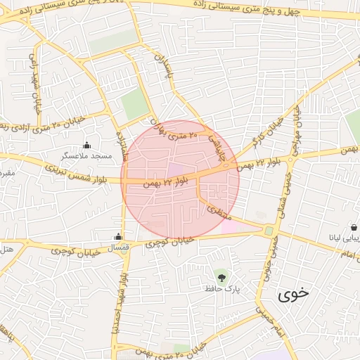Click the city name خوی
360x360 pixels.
tap(292, 295)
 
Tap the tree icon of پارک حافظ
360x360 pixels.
tap(221, 275)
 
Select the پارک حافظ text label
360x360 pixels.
tap(222, 289)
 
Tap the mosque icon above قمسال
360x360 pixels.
tap(118, 236)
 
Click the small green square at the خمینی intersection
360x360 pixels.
tap(269, 231)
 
